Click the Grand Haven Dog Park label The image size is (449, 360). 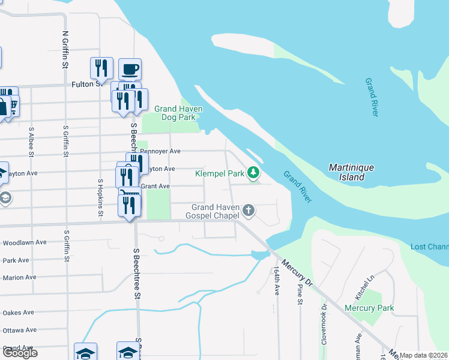(x=178, y=113)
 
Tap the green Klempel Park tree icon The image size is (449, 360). (x=254, y=173)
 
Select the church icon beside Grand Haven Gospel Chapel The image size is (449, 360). (x=249, y=211)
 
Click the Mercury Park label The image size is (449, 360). (x=369, y=308)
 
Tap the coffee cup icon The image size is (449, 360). (x=130, y=70)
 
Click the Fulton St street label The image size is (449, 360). (x=83, y=84)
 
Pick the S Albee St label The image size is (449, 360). (x=30, y=142)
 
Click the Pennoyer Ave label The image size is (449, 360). (x=160, y=152)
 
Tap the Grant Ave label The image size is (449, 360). (x=155, y=186)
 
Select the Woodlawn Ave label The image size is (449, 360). (x=25, y=243)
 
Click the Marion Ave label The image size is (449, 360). (x=20, y=278)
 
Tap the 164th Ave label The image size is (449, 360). (x=277, y=281)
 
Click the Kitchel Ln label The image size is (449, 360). (x=364, y=289)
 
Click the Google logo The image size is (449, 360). (x=20, y=353)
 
